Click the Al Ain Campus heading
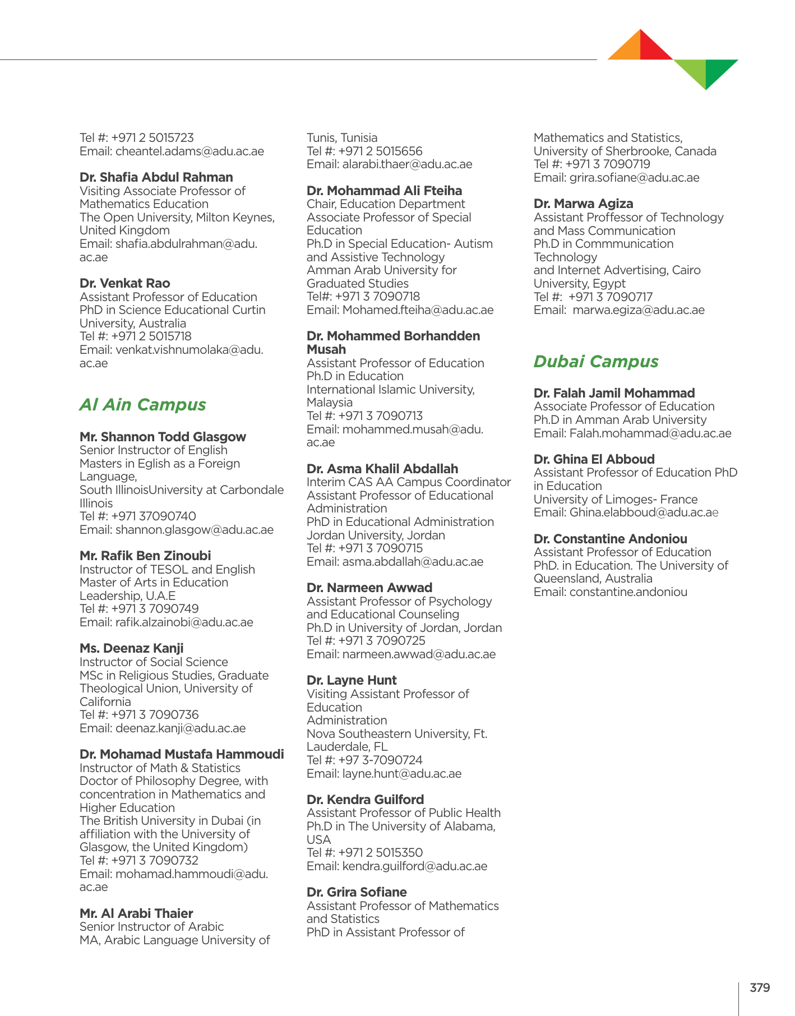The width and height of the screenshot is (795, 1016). click(142, 405)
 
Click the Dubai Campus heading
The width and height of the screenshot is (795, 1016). click(595, 362)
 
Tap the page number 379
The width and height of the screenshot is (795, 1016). click(760, 987)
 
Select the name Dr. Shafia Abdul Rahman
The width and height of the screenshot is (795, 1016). click(156, 177)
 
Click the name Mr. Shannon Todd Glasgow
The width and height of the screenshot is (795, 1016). click(163, 437)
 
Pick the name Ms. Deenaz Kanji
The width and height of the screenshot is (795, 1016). click(131, 648)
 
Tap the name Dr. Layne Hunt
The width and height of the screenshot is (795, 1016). click(352, 680)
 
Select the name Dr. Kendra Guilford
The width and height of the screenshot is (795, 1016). click(365, 800)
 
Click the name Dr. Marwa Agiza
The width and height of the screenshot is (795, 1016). click(583, 204)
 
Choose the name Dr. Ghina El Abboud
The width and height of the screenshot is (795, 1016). click(594, 459)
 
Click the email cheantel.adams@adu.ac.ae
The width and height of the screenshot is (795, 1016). click(189, 151)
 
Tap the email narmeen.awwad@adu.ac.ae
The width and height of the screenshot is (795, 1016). click(419, 654)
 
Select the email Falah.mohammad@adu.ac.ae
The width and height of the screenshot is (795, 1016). click(650, 433)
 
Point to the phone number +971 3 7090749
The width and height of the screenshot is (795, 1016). click(155, 609)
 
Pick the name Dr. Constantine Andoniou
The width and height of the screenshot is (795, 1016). click(610, 539)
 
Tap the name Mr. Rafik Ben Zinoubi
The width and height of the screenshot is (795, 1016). click(145, 556)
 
